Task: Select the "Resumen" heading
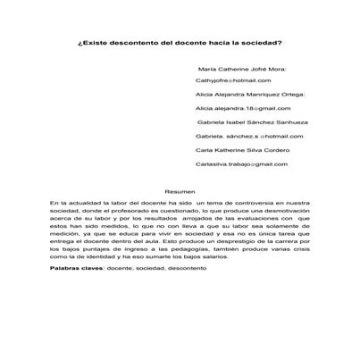(180, 193)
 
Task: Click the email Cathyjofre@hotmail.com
(233, 80)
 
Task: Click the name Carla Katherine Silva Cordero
(242, 150)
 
